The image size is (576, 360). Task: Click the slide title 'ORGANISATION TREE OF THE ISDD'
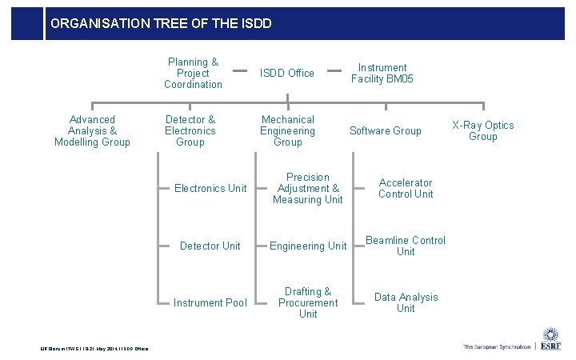[161, 24]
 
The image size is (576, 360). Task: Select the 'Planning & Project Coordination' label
[193, 74]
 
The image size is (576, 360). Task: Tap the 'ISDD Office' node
[288, 74]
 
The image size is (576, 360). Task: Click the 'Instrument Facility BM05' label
[382, 74]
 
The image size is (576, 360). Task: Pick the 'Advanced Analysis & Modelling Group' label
[92, 131]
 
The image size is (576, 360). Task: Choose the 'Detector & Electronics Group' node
[190, 131]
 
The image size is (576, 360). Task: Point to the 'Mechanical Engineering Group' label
[288, 131]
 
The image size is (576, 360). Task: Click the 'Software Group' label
[386, 131]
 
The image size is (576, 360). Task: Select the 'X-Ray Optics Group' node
[483, 131]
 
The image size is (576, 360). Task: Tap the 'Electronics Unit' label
[210, 189]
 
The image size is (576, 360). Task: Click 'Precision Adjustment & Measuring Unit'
[308, 189]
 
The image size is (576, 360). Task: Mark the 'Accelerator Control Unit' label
[406, 189]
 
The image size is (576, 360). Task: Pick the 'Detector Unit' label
[210, 246]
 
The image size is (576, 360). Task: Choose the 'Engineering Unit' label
[308, 246]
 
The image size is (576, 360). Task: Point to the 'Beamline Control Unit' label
[406, 246]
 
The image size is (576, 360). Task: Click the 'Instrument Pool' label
[210, 303]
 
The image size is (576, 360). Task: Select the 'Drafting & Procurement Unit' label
[308, 303]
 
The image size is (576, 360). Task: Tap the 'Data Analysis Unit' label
[406, 303]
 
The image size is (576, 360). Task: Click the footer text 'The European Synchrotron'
[496, 346]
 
